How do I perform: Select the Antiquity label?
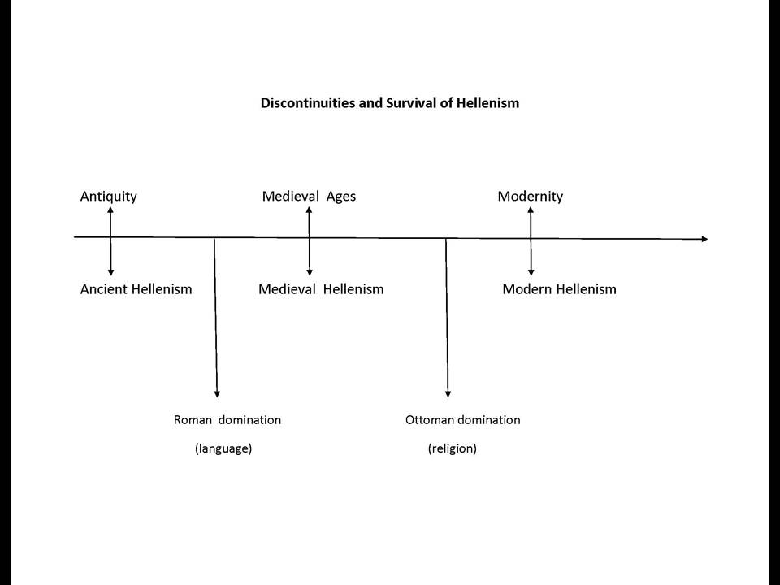(108, 197)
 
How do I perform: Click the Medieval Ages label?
(309, 197)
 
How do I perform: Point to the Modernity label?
(531, 197)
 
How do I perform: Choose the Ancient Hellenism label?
(136, 289)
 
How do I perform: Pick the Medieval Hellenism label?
(321, 289)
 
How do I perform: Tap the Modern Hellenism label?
(559, 289)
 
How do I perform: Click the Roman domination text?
(227, 420)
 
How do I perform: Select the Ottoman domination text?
(462, 420)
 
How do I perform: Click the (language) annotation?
(223, 448)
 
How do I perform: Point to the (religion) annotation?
(453, 448)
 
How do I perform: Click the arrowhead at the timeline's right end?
(704, 239)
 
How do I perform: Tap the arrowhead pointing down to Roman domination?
(217, 394)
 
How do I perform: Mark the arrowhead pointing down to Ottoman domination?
(448, 394)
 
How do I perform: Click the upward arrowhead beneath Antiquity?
(110, 210)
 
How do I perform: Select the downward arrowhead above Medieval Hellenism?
(310, 273)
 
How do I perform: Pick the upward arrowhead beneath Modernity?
(531, 210)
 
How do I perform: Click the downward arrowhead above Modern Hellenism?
(531, 273)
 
